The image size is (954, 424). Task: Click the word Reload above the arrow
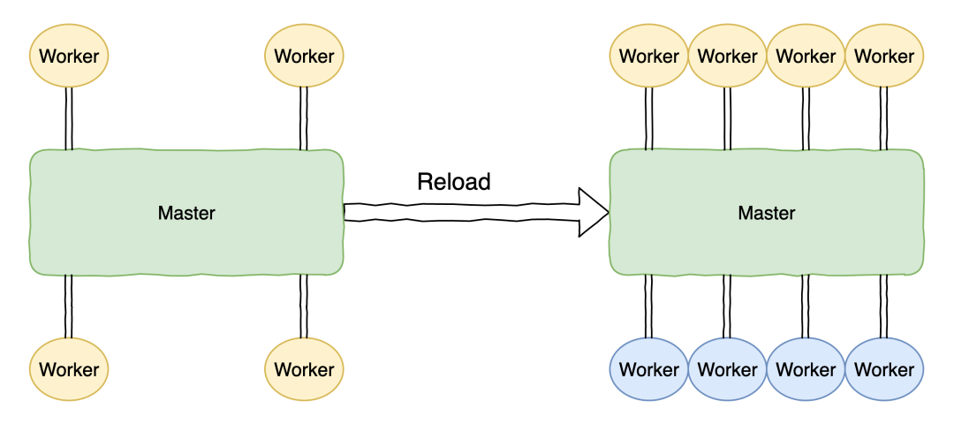point(453,181)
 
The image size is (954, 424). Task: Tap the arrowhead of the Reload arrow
point(593,213)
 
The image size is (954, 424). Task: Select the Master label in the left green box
point(186,213)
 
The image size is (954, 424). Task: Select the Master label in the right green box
point(766,213)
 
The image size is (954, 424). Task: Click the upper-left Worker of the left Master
point(69,56)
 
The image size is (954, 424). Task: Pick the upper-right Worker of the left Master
point(304,56)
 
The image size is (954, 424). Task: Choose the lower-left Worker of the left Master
point(69,368)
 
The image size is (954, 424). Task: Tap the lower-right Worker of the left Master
point(304,368)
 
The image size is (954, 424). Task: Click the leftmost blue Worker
point(649,368)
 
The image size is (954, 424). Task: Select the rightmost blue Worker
point(884,368)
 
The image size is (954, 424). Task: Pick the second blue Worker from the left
point(728,368)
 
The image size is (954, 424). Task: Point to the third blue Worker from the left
point(806,368)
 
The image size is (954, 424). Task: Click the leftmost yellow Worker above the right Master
point(649,56)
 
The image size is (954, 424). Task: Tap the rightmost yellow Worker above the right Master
point(884,56)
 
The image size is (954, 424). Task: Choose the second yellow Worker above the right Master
point(728,56)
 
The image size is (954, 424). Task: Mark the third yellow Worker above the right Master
point(806,56)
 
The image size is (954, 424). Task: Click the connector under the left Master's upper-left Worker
point(69,118)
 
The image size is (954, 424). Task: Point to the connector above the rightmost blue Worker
point(884,306)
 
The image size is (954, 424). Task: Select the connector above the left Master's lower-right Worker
point(304,306)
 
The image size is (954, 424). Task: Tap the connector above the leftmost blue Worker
point(649,306)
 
